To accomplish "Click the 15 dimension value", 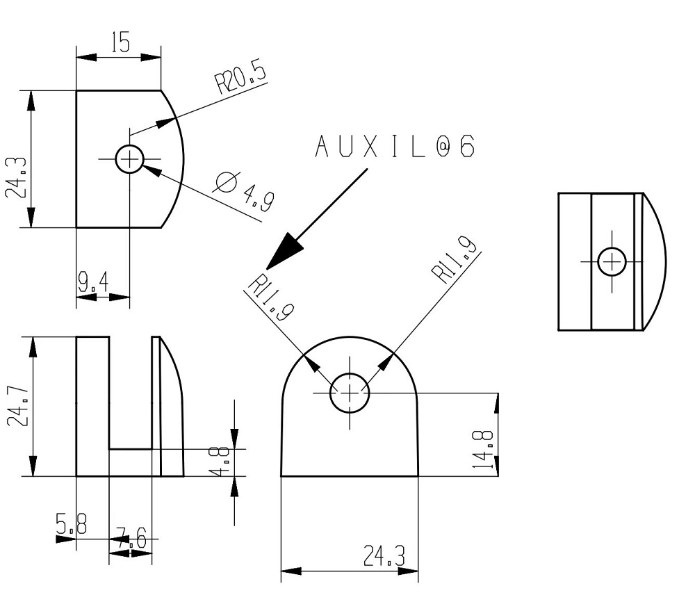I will click(120, 44).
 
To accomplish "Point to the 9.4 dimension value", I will click(92, 282).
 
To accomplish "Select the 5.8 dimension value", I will click(72, 525).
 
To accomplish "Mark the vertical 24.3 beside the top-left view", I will click(17, 178).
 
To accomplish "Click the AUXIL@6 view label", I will click(395, 147).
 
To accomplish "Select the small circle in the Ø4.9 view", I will click(129, 160).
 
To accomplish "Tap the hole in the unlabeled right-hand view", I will click(612, 261).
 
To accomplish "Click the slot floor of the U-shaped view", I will click(131, 448).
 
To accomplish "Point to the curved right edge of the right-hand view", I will click(664, 261).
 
